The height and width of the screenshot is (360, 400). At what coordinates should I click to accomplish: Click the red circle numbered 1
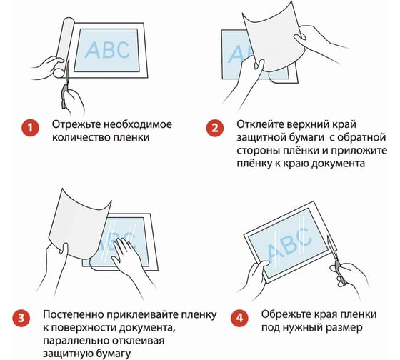30,128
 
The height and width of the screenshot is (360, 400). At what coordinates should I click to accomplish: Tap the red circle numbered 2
215,128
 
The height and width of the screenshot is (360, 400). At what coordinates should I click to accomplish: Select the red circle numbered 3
21,318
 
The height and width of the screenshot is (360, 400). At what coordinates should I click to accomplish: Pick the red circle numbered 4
240,318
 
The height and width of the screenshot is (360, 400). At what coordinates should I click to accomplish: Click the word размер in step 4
345,328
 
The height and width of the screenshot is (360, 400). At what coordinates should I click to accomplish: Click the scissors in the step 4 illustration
336,259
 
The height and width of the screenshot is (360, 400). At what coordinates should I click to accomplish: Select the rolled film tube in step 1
63,47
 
